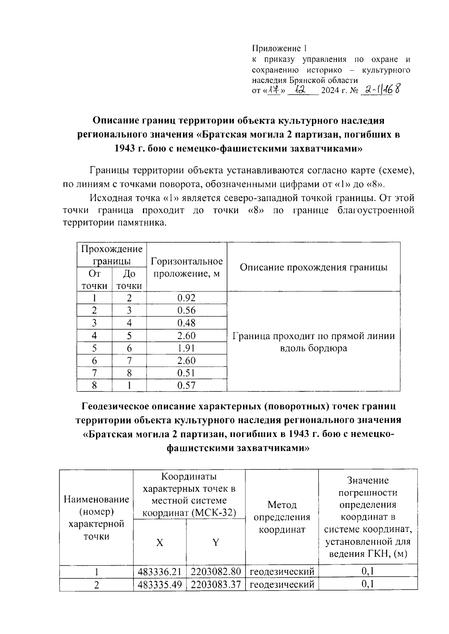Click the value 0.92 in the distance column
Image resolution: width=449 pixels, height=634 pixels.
(x=186, y=298)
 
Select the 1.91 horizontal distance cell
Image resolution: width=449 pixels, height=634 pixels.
(x=186, y=348)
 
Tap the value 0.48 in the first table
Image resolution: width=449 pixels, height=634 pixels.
(x=186, y=323)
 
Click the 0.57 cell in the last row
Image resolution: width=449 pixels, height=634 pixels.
(x=186, y=385)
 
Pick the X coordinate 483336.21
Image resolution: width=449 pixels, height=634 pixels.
(x=159, y=572)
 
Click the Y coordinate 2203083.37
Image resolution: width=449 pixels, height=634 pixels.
(x=216, y=584)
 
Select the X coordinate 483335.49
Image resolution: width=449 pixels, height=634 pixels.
(x=159, y=584)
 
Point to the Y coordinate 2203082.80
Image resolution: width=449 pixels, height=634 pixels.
(x=216, y=572)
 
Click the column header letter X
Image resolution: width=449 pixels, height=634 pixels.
(x=159, y=543)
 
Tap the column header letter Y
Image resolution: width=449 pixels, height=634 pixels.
(x=216, y=543)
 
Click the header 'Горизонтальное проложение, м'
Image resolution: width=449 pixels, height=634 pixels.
(x=186, y=267)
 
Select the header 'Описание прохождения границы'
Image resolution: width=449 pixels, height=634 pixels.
(x=313, y=267)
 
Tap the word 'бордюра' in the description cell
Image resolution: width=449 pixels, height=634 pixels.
(x=330, y=348)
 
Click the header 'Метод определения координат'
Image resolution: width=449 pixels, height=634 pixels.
(x=282, y=517)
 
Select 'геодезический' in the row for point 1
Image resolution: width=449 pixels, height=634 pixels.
(x=282, y=572)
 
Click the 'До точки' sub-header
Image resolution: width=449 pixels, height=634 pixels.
(x=129, y=280)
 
